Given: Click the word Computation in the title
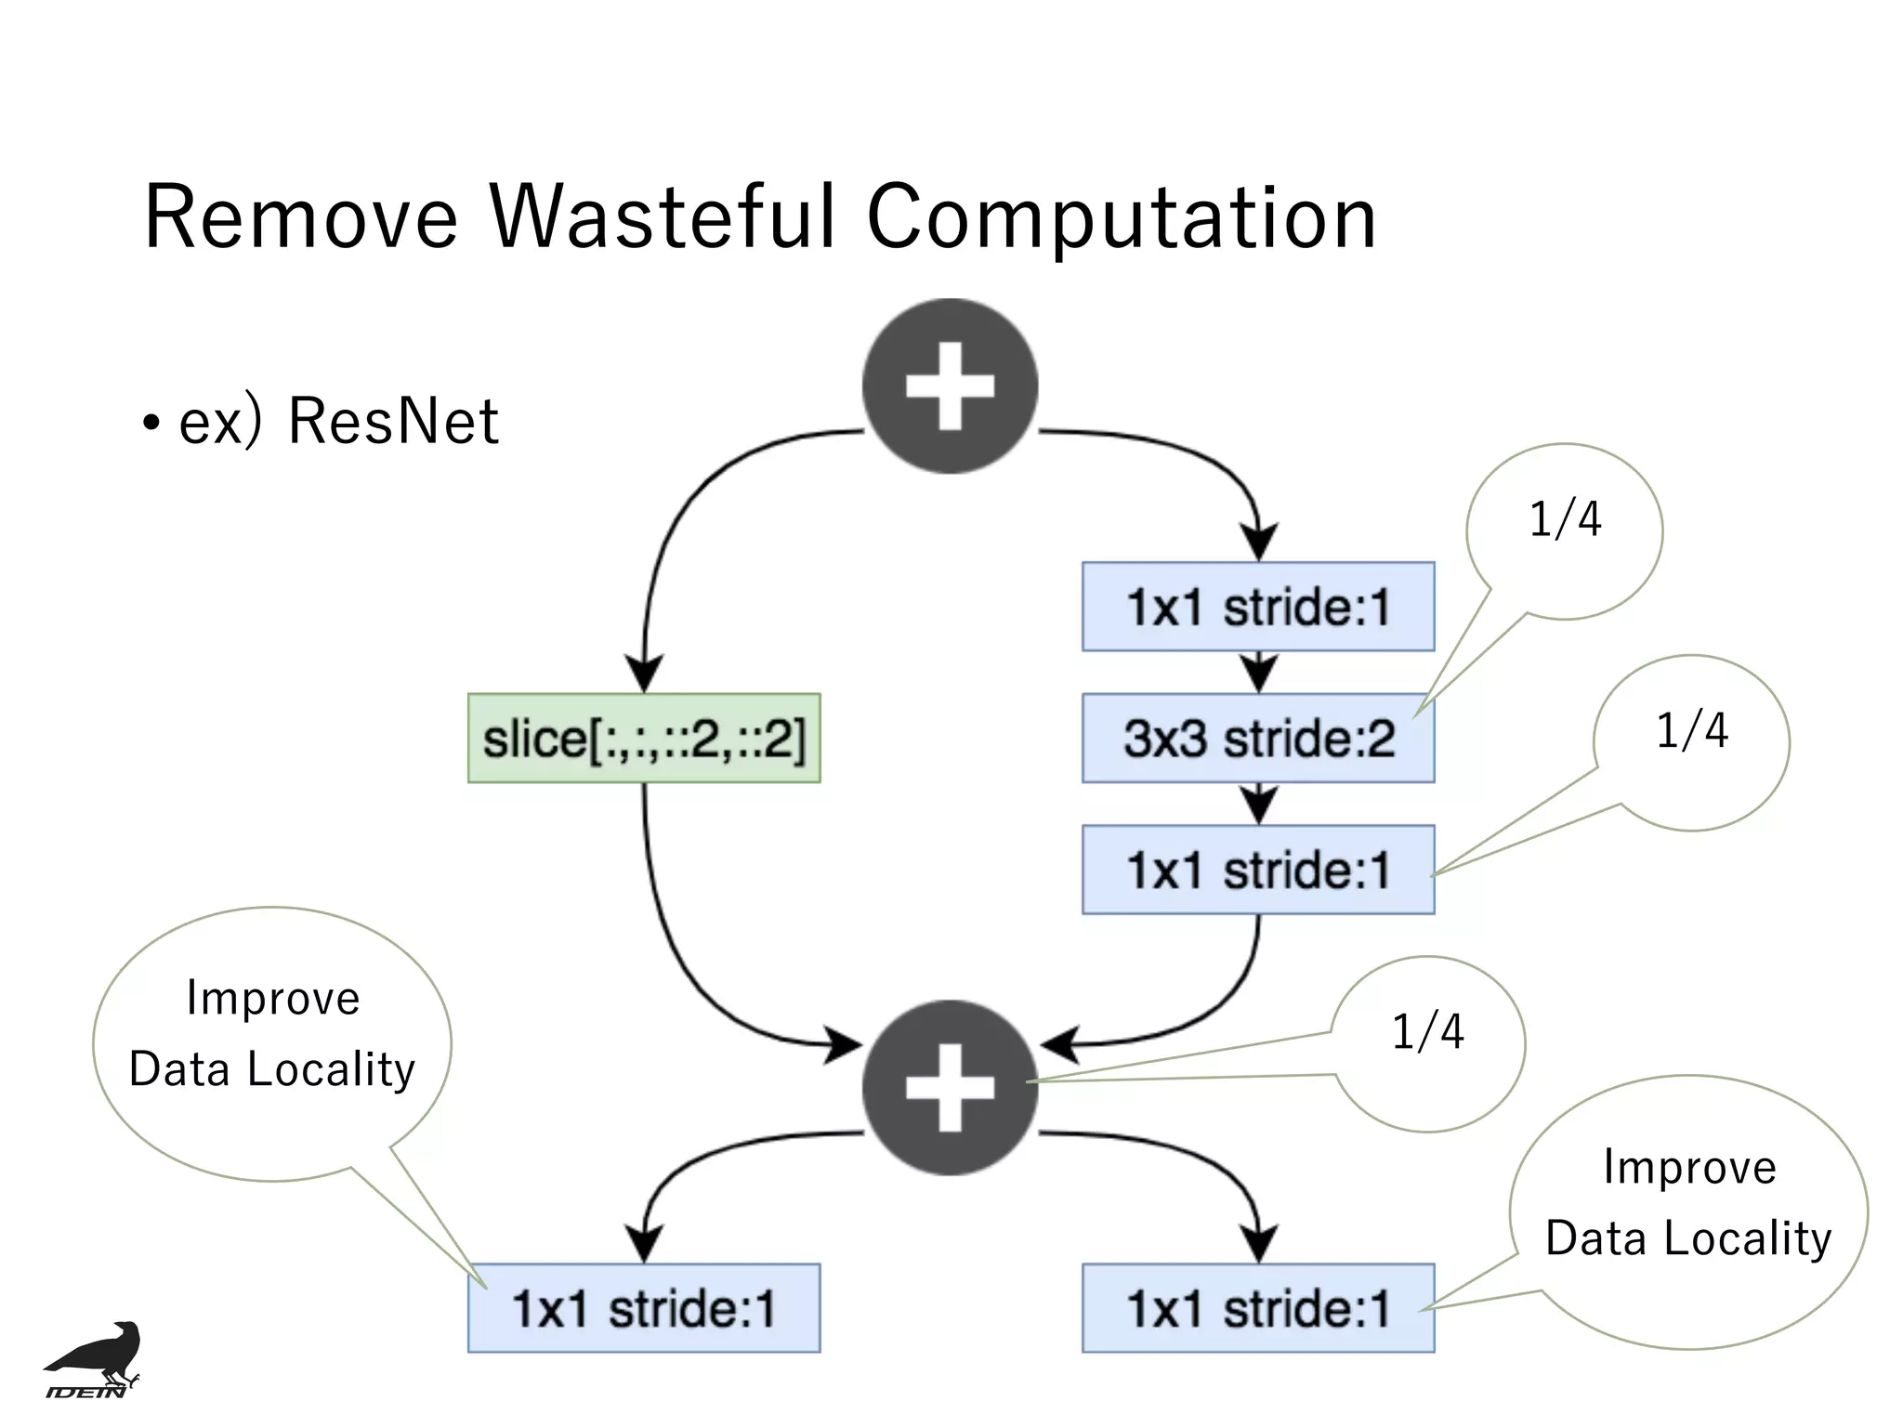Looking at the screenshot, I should [x=1121, y=219].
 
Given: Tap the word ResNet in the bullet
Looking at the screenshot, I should [x=393, y=422].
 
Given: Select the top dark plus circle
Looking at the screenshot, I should [x=950, y=386].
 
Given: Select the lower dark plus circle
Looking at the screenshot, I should [x=950, y=1087].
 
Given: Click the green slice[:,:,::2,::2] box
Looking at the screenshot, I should [x=644, y=739].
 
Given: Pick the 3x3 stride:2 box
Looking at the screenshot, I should [x=1258, y=739].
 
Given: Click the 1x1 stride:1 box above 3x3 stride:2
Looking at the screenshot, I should [x=1258, y=607].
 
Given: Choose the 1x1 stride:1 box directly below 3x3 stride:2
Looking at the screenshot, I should [x=1258, y=870].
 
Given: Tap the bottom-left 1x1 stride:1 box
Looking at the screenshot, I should [x=644, y=1308].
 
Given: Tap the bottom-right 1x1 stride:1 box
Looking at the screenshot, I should [x=1258, y=1308].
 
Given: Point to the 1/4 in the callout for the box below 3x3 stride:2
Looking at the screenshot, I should [x=1692, y=731].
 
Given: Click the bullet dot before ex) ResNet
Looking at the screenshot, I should [x=151, y=425].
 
